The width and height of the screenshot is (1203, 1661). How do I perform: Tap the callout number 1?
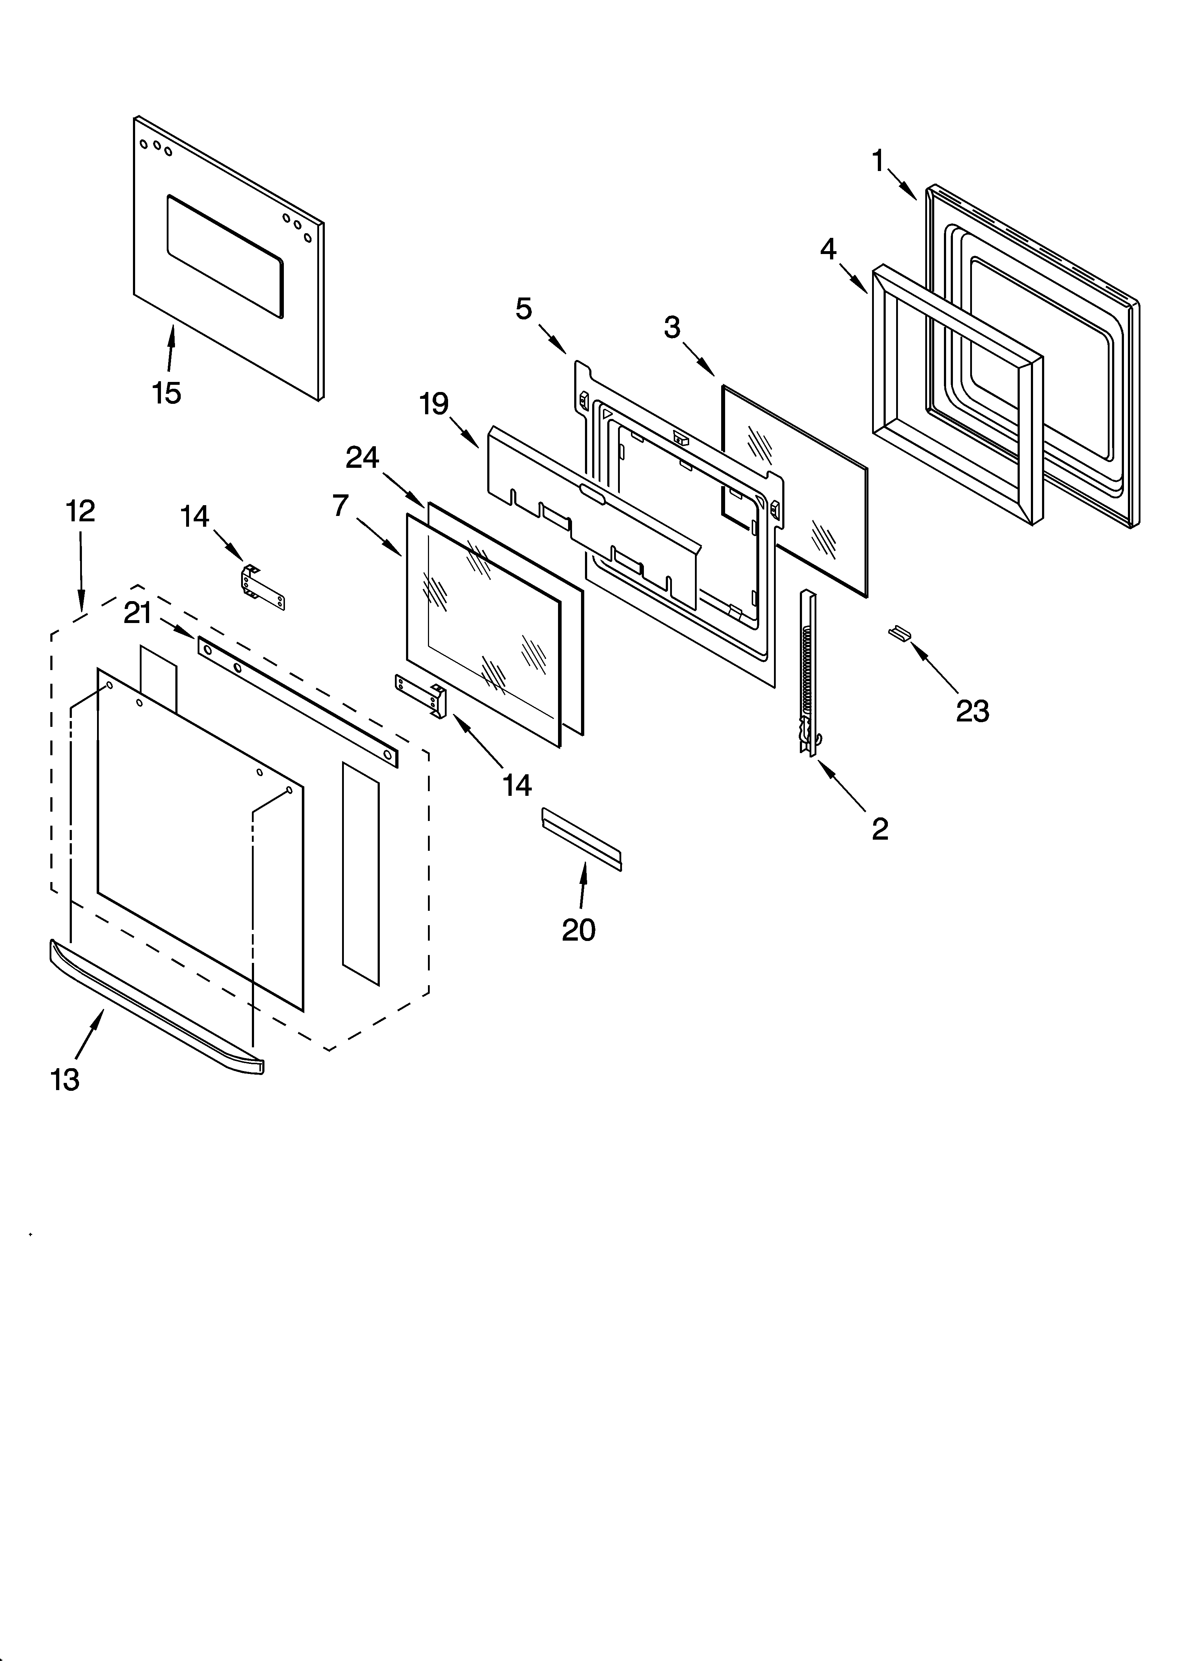point(879,160)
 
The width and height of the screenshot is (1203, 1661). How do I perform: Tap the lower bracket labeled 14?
point(422,696)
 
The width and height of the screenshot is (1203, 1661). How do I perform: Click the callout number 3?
point(672,327)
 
